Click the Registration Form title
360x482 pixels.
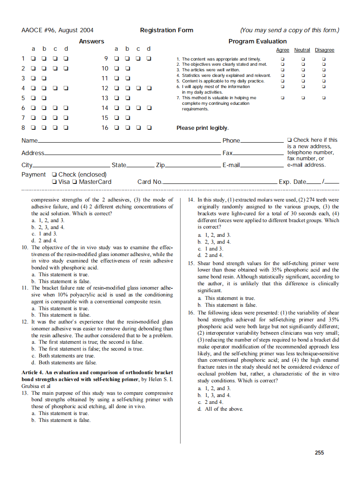pos(167,30)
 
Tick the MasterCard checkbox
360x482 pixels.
pos(75,182)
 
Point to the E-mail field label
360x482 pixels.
pos(231,165)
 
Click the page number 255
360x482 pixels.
pos(319,452)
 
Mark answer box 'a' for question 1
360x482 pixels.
pos(33,58)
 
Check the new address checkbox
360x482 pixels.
pos(290,140)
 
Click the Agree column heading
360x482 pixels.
pos(282,50)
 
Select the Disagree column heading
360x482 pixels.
pos(324,50)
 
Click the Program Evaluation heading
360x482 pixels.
pos(257,41)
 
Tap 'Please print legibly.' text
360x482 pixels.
pos(202,128)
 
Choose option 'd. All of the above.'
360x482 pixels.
pos(220,409)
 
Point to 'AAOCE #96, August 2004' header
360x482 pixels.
pos(57,30)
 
